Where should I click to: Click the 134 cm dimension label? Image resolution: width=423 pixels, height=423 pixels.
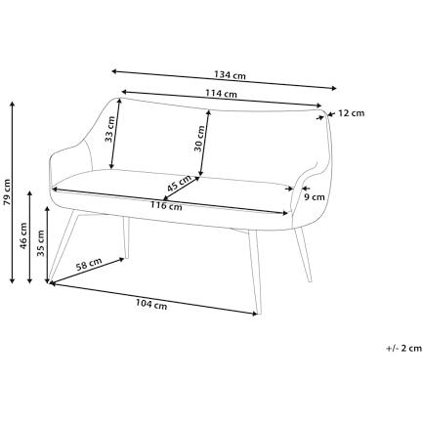click(x=230, y=75)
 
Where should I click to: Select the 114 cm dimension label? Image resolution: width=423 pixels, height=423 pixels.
click(x=221, y=94)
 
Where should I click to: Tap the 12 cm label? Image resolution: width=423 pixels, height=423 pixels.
click(x=351, y=113)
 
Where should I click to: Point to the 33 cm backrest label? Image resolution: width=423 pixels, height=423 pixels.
click(x=109, y=129)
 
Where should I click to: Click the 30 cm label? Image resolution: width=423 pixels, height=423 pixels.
click(x=199, y=139)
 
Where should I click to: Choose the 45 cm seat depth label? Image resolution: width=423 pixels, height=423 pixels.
click(x=179, y=184)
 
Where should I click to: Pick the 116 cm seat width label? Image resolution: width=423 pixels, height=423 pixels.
click(x=166, y=206)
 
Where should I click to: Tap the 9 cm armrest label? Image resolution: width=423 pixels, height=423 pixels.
click(x=315, y=197)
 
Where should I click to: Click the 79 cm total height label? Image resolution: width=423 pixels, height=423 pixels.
click(x=7, y=192)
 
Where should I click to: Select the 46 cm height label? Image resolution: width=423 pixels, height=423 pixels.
click(x=23, y=235)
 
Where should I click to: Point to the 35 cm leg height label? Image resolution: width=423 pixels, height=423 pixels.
click(x=41, y=243)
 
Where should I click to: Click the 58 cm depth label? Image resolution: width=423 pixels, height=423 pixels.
click(x=89, y=265)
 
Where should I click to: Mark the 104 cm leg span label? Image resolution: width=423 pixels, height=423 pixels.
click(x=151, y=304)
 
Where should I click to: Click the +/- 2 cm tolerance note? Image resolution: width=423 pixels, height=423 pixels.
click(x=403, y=348)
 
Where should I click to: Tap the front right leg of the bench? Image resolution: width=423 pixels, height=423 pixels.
click(x=255, y=273)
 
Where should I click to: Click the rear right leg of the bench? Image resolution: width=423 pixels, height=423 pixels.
click(x=303, y=254)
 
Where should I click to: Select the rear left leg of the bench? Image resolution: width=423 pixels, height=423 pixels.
click(x=126, y=237)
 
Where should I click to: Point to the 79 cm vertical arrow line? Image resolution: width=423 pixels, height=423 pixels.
click(x=13, y=192)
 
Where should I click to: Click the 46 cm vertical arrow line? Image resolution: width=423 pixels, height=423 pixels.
click(x=30, y=237)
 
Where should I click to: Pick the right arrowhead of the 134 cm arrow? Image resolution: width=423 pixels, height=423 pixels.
click(x=334, y=88)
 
